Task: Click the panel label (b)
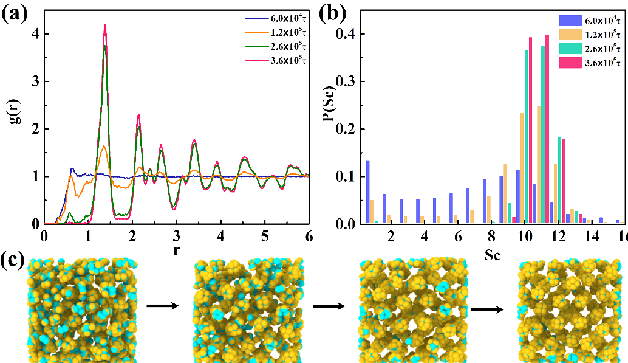tap(332, 13)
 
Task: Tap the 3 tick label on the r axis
tap(176, 235)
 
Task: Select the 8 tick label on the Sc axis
tap(491, 235)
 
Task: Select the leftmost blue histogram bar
tap(368, 192)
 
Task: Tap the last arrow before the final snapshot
tap(487, 309)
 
